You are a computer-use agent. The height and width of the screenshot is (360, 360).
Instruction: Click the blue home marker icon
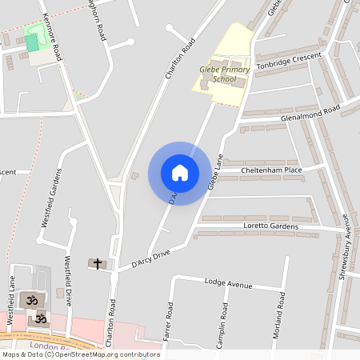coord(180,173)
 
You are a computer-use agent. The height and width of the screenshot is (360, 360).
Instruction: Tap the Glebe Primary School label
coord(225,74)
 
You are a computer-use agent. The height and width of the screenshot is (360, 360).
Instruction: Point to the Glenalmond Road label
coord(310,113)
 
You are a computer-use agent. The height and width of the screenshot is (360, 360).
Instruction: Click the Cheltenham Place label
coord(271,170)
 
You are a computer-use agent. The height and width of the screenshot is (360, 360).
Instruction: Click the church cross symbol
coord(98,263)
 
